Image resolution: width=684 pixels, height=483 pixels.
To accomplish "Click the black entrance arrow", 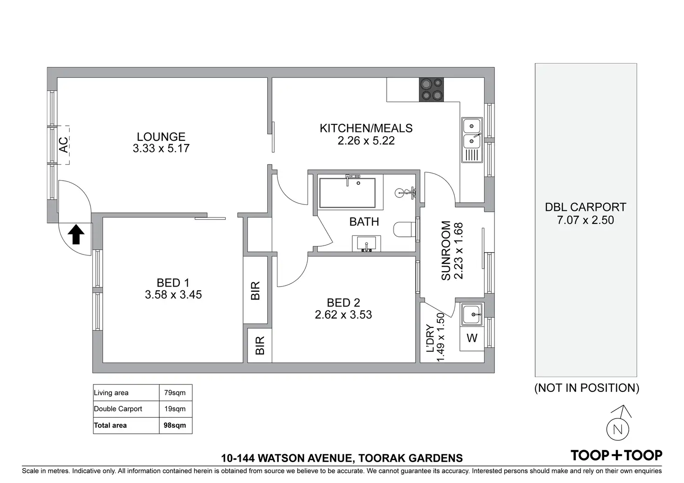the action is coord(76,234).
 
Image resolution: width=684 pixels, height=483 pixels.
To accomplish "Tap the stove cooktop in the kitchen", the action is coord(431,90).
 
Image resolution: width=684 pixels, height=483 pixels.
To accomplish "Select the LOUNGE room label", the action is coord(161,137).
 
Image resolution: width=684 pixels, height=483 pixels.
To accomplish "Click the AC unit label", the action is coord(64,145).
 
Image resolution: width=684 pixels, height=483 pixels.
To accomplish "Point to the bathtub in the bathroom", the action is coord(347,193).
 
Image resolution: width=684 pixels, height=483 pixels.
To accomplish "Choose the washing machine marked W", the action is coord(472,338).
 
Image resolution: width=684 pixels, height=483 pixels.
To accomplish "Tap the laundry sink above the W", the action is coord(472,314).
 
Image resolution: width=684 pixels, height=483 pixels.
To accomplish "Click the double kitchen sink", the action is coord(472,140).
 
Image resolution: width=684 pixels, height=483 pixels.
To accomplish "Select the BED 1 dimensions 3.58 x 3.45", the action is coord(173,295).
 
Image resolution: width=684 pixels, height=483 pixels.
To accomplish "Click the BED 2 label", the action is coord(343,303).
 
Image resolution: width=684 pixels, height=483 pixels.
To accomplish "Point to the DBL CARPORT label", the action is coord(585,207).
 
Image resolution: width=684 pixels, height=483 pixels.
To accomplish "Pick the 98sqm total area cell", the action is coord(175,425).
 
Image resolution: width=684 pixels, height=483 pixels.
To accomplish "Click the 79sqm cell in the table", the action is coord(175,393).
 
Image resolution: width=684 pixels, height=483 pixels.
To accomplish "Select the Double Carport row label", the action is coord(118,409).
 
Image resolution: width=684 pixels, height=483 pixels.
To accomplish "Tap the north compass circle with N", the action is coord(618,430).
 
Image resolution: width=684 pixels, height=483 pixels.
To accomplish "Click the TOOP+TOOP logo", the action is coord(616,456).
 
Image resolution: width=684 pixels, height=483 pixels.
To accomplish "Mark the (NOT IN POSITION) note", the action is coord(586,388).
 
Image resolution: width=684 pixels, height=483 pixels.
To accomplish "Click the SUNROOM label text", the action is coord(446,250).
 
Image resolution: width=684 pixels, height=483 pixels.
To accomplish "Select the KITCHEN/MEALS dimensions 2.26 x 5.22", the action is coord(366,141).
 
